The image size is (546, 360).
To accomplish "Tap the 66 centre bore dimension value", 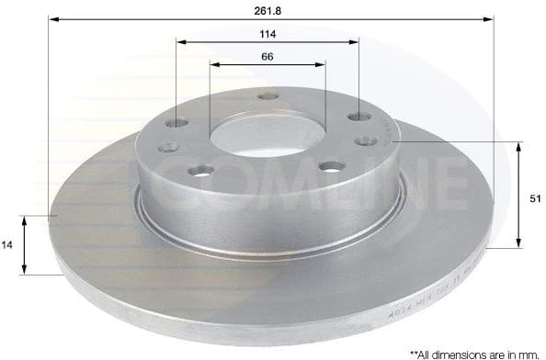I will [267, 56].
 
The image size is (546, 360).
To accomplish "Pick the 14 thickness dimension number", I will [7, 245].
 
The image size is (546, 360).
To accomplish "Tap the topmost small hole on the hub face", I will [267, 96].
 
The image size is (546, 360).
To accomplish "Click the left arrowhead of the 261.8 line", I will [52, 18].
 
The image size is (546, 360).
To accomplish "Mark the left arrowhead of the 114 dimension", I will [180, 41].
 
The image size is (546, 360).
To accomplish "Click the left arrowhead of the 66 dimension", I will [215, 64].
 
